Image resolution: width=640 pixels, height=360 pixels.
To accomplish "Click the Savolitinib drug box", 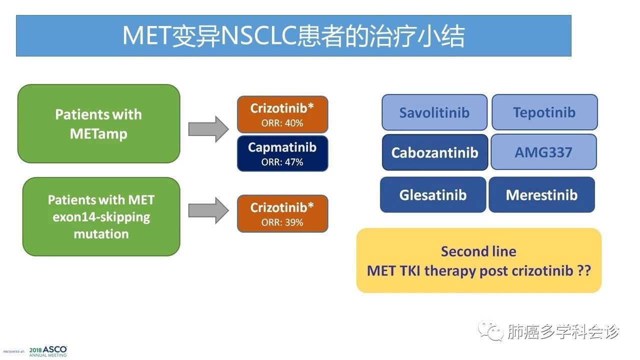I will [434, 112].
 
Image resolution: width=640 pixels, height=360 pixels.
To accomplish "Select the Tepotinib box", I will [544, 112].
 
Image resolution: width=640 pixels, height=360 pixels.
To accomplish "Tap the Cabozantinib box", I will [434, 152].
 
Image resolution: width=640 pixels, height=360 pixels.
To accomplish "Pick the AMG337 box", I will [543, 152].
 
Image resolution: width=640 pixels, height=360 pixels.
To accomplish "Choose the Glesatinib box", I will [433, 194].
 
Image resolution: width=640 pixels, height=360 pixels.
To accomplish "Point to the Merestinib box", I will [541, 194].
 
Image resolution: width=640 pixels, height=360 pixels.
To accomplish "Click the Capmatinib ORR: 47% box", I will [282, 153].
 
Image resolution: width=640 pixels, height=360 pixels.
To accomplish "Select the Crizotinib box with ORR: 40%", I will [282, 114].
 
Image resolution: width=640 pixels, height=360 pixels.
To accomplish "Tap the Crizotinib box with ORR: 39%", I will [282, 213].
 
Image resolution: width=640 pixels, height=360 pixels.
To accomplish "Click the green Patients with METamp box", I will [98, 123].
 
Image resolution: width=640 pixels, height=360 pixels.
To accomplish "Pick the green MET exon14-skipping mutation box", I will [101, 216].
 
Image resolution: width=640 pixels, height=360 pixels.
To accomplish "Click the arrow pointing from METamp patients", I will [208, 129].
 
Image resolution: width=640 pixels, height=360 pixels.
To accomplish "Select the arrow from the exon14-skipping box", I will [208, 210].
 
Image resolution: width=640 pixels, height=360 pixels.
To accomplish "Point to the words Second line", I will [478, 251].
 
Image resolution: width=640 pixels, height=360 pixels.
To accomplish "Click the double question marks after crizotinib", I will [583, 270].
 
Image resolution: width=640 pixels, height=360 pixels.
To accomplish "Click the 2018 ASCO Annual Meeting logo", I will [47, 351].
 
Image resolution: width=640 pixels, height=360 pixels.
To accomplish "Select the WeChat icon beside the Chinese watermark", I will [489, 331].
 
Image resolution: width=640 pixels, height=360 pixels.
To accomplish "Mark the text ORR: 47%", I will [282, 162].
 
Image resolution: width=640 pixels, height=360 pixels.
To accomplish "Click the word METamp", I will [98, 134].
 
